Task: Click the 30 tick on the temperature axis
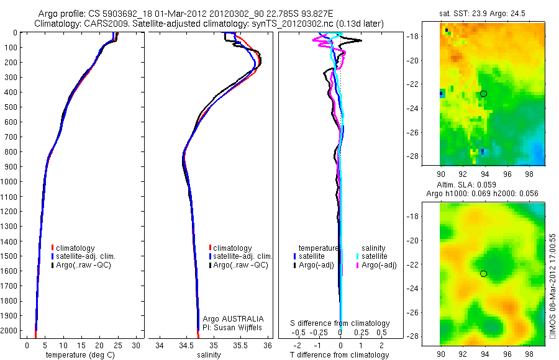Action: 135,345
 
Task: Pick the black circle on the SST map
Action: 483,94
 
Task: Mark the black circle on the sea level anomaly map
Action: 483,273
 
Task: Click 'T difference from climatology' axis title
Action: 339,355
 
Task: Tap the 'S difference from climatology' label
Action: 340,323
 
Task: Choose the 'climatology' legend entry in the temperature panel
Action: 78,248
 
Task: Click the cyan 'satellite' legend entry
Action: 375,256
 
